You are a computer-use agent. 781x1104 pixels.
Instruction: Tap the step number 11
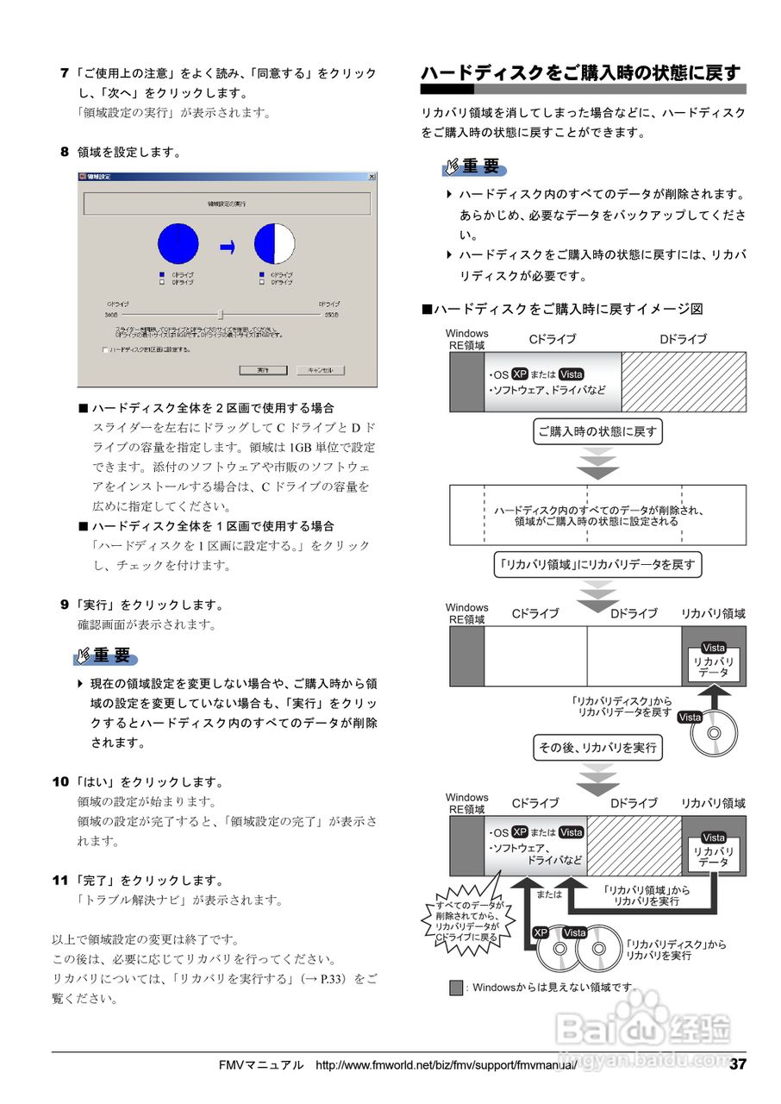(x=59, y=881)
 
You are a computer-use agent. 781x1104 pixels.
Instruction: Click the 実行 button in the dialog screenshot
(x=262, y=370)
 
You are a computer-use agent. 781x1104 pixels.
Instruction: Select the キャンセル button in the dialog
(x=320, y=370)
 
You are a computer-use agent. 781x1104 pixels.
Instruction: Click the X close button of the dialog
(x=372, y=177)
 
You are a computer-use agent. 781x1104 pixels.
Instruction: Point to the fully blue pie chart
(x=178, y=244)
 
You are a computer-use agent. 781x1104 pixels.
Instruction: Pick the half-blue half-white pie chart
(x=274, y=244)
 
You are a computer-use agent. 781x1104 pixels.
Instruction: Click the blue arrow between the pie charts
(x=228, y=247)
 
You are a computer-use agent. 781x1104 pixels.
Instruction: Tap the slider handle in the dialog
(x=221, y=315)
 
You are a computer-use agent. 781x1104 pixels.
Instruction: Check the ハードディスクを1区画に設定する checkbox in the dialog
(x=105, y=350)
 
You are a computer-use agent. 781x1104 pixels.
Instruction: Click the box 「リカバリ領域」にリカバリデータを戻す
(x=598, y=566)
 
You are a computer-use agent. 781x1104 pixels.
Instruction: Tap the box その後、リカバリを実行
(x=597, y=748)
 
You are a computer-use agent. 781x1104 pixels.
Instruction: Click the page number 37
(x=738, y=1064)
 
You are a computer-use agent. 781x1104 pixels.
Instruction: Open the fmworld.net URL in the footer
(x=446, y=1065)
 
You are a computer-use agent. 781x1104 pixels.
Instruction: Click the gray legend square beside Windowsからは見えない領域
(x=456, y=988)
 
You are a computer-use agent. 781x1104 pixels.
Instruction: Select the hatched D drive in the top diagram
(x=684, y=382)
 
